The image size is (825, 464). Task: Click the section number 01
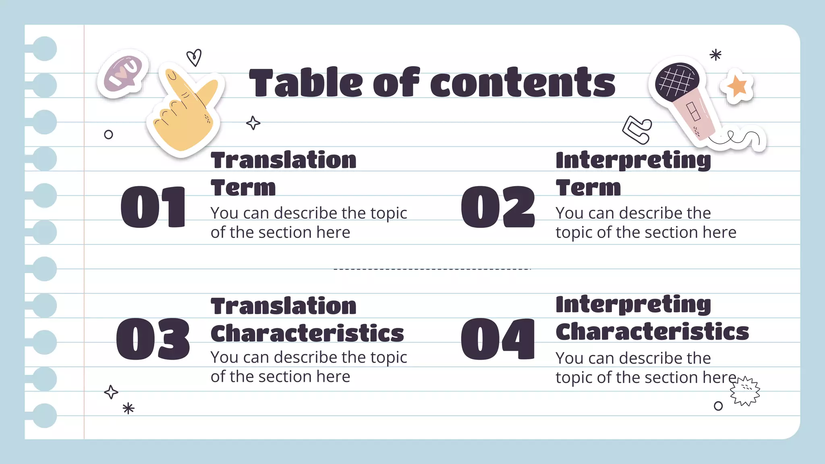153,207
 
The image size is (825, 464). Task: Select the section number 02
498,207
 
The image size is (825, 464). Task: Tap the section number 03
153,339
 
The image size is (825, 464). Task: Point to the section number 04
498,339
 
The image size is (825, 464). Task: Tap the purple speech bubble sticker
123,74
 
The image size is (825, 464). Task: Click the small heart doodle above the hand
194,57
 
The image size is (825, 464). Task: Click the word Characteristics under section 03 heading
307,333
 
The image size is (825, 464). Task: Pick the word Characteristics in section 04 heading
652,332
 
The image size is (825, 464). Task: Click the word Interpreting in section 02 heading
633,160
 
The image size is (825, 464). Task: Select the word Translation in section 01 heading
284,160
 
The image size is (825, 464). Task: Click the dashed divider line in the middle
432,269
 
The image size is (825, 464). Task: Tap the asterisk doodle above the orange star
715,55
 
